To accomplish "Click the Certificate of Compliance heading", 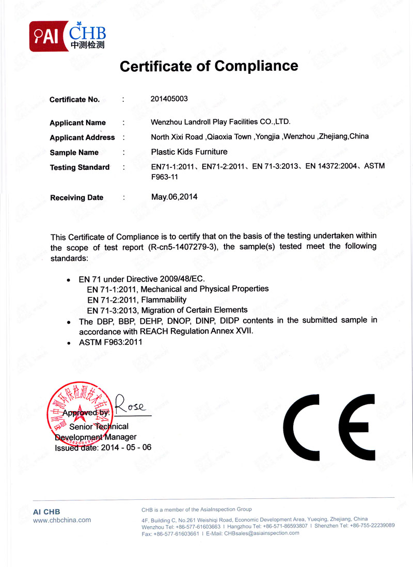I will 209,66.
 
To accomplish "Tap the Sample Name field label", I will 74,152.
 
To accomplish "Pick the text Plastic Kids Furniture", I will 189,152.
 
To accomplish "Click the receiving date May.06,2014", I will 174,196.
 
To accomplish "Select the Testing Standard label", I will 80,167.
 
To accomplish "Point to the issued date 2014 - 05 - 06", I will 126,447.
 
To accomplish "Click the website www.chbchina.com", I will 62,520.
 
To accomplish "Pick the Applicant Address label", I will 82,137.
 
